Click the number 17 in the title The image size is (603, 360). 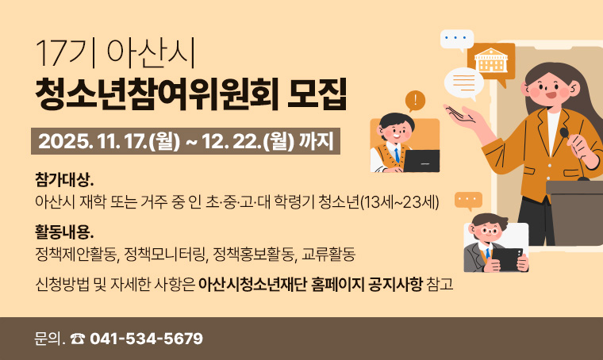click(x=50, y=55)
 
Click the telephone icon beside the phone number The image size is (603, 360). click(x=77, y=339)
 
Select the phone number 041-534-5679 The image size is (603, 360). click(x=147, y=339)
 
